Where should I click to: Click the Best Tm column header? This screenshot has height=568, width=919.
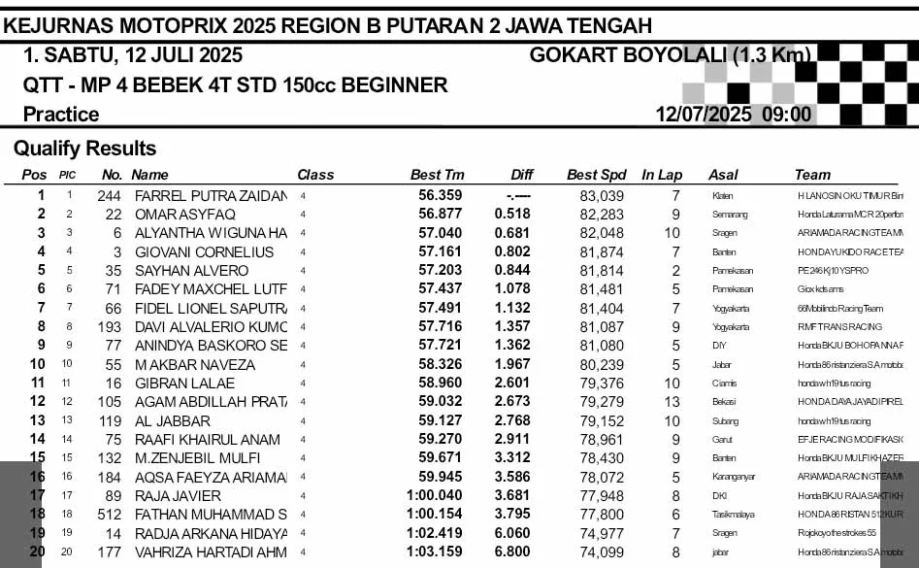[437, 175]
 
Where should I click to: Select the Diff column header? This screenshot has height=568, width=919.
[522, 175]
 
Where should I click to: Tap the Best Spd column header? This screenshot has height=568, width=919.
[597, 175]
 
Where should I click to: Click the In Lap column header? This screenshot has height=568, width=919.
[662, 175]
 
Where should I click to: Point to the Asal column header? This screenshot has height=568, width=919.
[723, 175]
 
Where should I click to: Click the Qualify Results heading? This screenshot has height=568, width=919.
[84, 149]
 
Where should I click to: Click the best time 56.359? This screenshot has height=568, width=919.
[441, 195]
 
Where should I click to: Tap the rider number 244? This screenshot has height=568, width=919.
[110, 195]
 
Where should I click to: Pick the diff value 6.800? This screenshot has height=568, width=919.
[511, 552]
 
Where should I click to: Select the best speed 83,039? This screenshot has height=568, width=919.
[602, 195]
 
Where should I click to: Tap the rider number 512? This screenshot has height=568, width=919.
[110, 515]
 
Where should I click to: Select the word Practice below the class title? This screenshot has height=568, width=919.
[61, 115]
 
